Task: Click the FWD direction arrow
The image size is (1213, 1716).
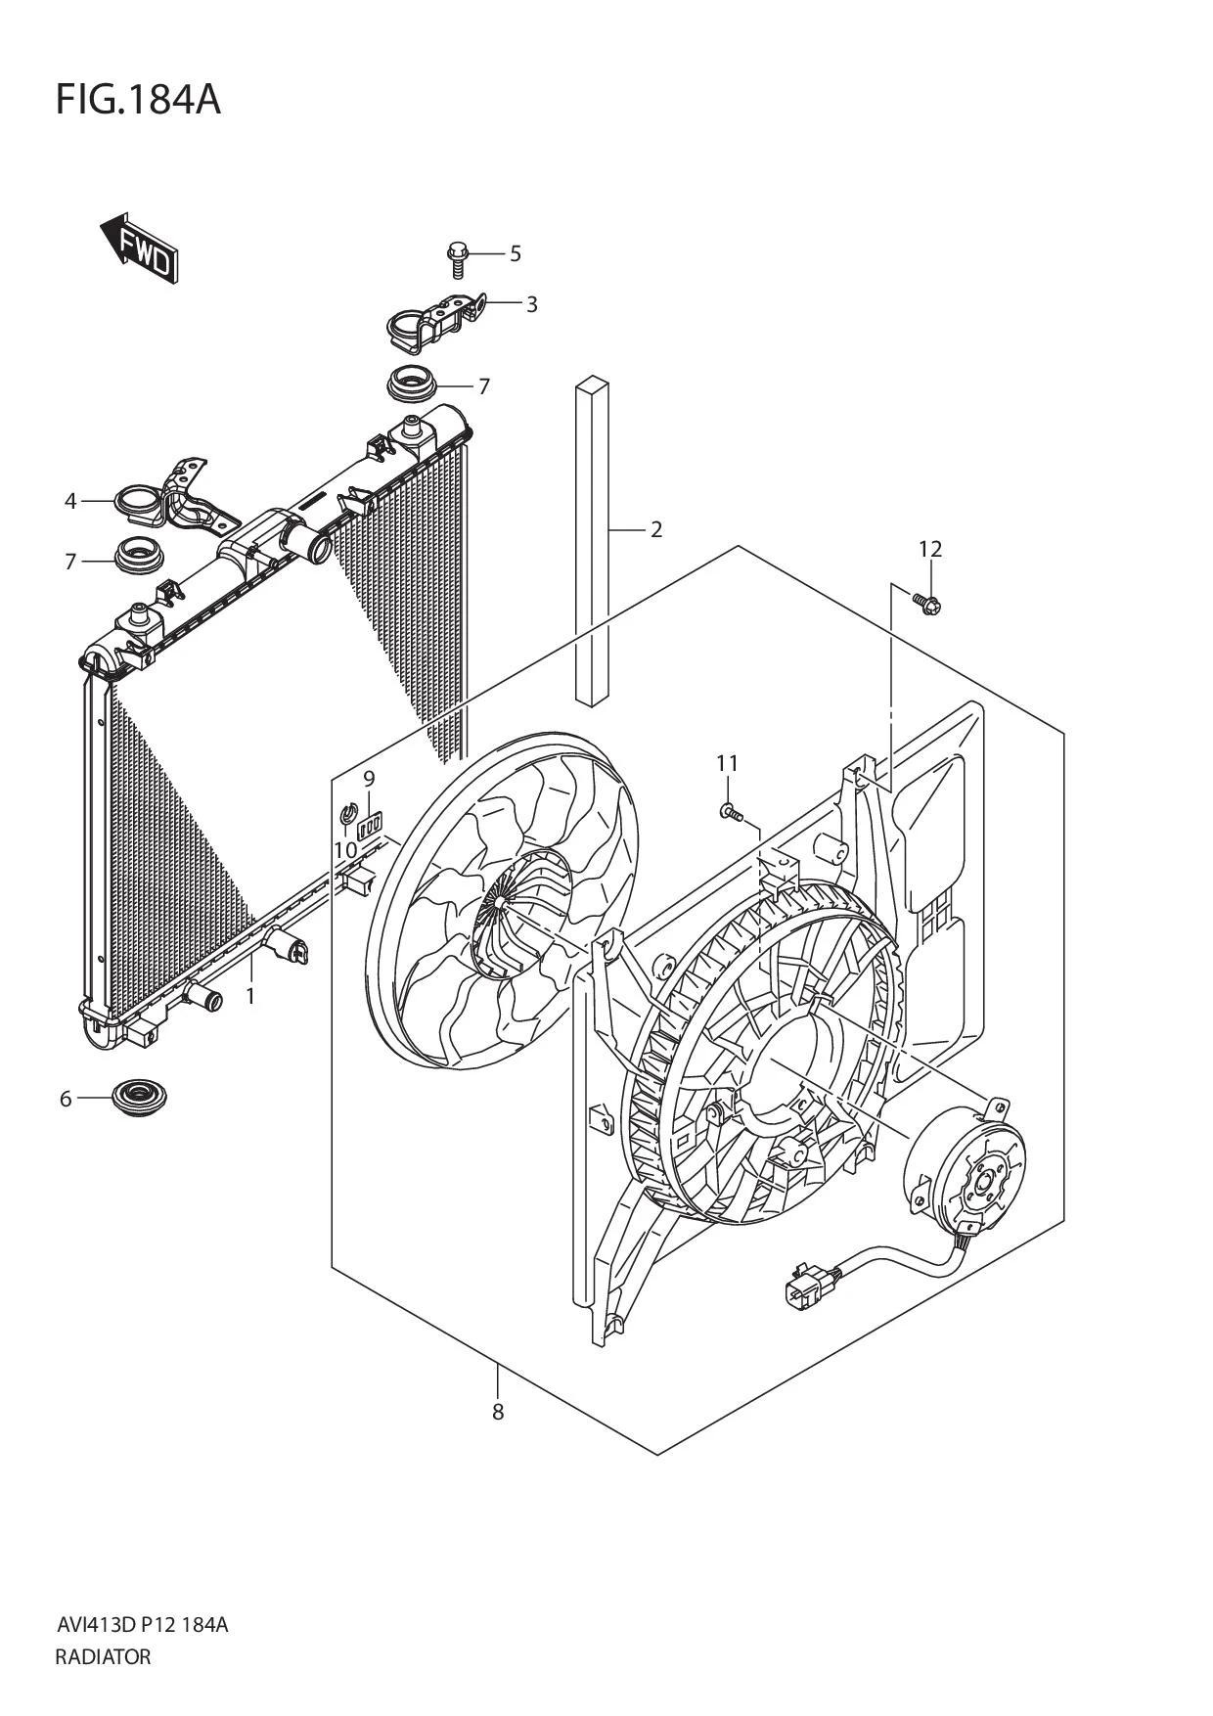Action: (140, 248)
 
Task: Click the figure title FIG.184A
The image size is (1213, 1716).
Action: (138, 100)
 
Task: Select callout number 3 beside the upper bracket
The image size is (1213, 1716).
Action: (531, 304)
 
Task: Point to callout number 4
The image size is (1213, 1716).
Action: (70, 501)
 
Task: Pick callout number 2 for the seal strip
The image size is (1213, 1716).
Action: (656, 529)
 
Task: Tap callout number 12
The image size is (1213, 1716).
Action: (930, 549)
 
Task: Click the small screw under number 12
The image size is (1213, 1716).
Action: (927, 604)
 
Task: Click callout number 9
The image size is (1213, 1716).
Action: (369, 779)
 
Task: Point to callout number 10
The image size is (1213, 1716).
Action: (345, 850)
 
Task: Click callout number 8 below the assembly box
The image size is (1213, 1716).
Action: (498, 1412)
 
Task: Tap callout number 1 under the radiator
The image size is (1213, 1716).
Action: (250, 996)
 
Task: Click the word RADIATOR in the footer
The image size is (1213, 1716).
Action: (104, 1657)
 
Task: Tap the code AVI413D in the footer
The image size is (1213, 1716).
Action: (94, 1625)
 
